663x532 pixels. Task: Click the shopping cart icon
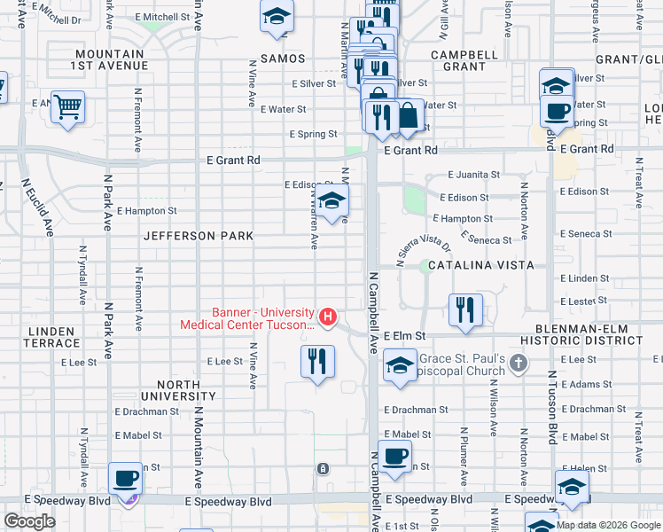tap(67, 107)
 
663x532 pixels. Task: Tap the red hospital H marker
tap(329, 316)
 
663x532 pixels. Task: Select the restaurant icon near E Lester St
tap(465, 309)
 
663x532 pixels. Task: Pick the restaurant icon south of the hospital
tap(317, 360)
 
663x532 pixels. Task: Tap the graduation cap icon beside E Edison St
tap(331, 200)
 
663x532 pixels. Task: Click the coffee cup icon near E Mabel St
tap(395, 456)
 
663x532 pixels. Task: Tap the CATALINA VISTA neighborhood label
tap(480, 265)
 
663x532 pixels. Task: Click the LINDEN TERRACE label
tap(53, 337)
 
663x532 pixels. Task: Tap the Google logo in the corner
tap(29, 521)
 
